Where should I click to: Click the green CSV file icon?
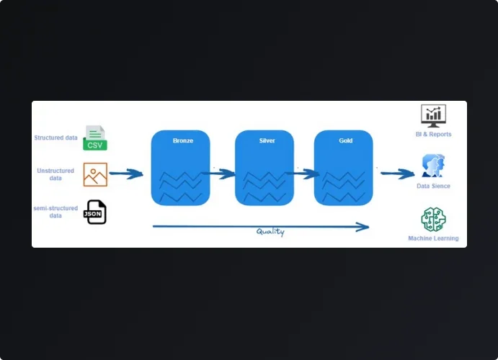tap(94, 138)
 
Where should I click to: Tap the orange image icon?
tap(95, 174)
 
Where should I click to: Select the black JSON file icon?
tap(95, 212)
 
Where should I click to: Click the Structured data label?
tap(55, 138)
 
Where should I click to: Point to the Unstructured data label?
tap(55, 174)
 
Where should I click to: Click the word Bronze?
tap(183, 140)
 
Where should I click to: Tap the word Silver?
tap(267, 140)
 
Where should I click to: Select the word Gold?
tap(346, 140)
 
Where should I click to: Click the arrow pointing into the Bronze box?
tap(125, 174)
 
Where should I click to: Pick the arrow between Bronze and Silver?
tap(222, 174)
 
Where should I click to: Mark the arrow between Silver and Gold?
tap(303, 174)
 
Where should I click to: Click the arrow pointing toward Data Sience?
tap(397, 174)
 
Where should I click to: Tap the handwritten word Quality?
tap(270, 232)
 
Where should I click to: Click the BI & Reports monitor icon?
tap(433, 115)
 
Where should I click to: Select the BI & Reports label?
tap(433, 134)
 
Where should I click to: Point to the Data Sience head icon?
tap(433, 166)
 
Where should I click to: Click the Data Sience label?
tap(433, 186)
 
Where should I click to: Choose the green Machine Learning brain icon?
tap(433, 219)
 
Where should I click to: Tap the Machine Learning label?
tap(433, 238)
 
